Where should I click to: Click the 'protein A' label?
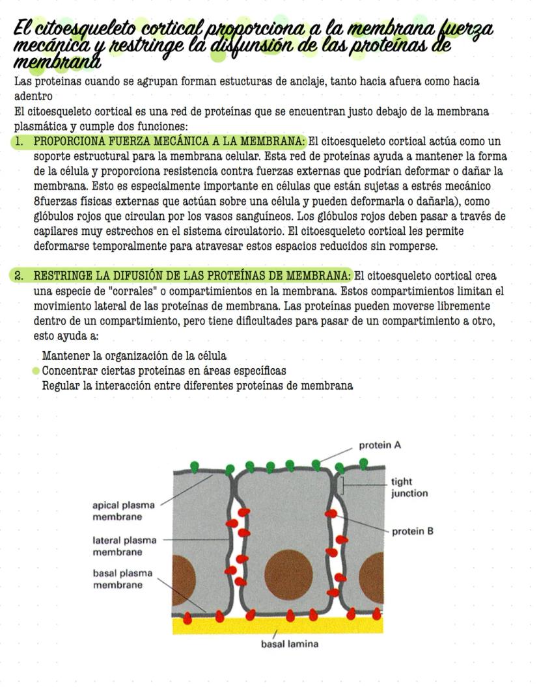tap(380, 446)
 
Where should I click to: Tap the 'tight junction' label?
tap(409, 488)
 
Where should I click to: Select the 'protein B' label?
tap(412, 531)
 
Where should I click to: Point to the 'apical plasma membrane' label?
tap(124, 511)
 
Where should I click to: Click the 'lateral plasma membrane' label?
tap(123, 546)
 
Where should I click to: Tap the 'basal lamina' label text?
tap(289, 645)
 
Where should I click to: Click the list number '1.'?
tap(20, 141)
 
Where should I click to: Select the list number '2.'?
tap(20, 275)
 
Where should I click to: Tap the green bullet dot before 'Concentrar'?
tap(36, 371)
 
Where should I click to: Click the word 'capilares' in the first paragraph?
tap(55, 231)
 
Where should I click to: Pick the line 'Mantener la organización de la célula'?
tap(134, 356)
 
